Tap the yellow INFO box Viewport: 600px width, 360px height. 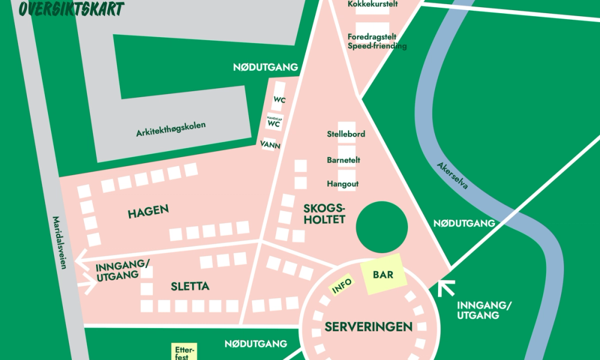click(x=342, y=287)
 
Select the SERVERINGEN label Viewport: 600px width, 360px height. click(x=368, y=327)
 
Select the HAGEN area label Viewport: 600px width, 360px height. click(x=148, y=211)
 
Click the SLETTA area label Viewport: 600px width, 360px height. click(x=190, y=287)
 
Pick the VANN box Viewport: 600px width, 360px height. click(x=271, y=145)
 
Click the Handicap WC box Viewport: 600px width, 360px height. click(x=274, y=122)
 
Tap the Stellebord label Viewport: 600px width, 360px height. click(x=346, y=134)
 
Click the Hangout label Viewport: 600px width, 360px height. click(x=342, y=184)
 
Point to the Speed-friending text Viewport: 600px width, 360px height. click(x=377, y=46)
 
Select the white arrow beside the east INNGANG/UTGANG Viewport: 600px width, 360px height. click(x=445, y=289)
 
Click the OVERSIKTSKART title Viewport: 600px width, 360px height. click(x=71, y=8)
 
